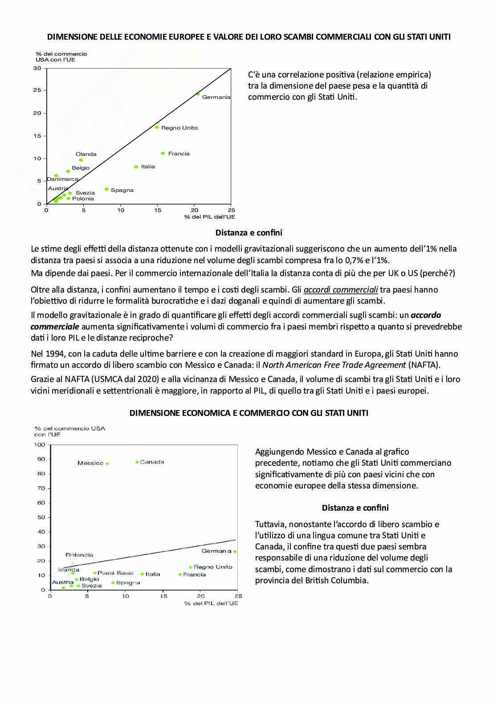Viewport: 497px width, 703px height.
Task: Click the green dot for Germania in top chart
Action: coord(198,94)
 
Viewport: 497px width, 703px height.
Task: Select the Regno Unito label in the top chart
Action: coord(179,128)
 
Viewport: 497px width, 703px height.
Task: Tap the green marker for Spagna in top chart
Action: coord(106,189)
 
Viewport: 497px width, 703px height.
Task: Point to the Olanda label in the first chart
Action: coord(86,154)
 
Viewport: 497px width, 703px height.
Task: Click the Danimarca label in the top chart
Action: coord(62,179)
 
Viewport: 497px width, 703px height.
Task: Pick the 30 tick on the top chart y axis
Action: coord(37,68)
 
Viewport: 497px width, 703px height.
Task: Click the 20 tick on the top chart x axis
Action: coord(194,210)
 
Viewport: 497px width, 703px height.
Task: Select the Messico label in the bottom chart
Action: coord(90,463)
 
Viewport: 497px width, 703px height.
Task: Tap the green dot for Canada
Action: coord(137,462)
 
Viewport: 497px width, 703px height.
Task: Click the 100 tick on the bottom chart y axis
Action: coord(40,445)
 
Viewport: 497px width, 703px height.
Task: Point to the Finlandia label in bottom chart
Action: coord(79,555)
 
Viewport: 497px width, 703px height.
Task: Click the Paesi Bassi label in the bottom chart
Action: coord(115,573)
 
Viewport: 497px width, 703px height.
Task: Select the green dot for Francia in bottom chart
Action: coord(180,574)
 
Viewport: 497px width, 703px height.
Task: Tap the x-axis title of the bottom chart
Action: coord(211,603)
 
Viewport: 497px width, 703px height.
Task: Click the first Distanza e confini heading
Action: coord(248,232)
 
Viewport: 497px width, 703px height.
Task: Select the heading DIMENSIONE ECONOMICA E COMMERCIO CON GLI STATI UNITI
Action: coord(248,413)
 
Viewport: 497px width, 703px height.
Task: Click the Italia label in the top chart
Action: coord(148,167)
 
